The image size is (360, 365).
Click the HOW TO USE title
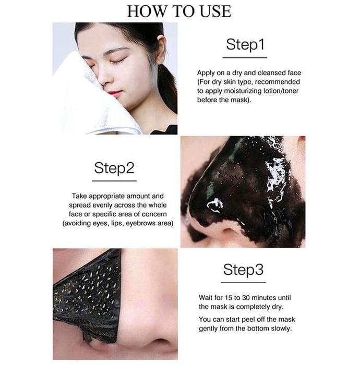pos(179,11)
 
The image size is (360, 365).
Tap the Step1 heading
pos(245,44)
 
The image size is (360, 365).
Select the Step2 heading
pos(114,168)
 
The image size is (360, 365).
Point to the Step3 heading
pos(243,270)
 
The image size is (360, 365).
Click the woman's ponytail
pos(168,89)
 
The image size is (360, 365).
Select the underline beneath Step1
pos(245,57)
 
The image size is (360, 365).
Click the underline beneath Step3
pos(243,283)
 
